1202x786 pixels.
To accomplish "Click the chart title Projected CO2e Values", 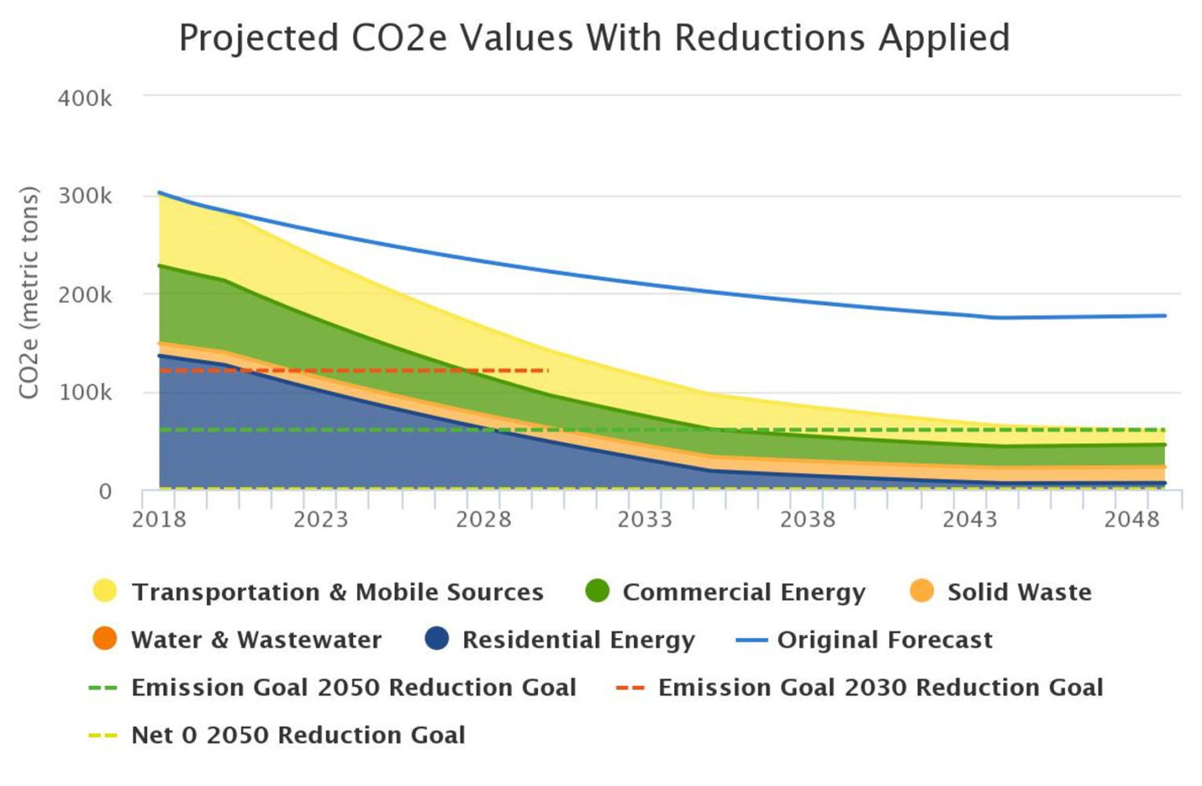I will pos(594,38).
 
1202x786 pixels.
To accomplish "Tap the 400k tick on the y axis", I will pos(84,98).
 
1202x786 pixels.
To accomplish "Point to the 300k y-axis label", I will pos(84,196).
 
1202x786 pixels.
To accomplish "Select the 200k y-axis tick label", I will pos(84,295).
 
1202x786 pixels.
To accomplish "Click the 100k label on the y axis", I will pos(84,392).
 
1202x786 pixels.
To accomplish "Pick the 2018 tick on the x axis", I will pos(159,519).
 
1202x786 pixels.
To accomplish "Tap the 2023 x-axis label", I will pos(320,519).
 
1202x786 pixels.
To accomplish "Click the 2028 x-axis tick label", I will pos(483,519).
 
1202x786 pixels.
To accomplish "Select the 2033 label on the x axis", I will pos(645,519).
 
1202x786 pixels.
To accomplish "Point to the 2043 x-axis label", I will pos(969,519).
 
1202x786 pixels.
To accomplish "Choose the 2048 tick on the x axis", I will pos(1131,519).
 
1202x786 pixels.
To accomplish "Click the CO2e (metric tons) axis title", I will pos(29,293).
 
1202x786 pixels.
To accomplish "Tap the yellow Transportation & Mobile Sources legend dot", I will pos(105,591).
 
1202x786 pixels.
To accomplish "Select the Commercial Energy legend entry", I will pos(743,592).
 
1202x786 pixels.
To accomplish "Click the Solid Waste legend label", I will pos(1019,592).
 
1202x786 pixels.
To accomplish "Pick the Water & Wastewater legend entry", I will pos(256,640).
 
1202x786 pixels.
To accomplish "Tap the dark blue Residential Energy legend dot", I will pos(437,639).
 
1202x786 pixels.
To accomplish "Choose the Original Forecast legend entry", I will pos(884,640).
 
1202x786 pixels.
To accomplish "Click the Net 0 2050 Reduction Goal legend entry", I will pos(297,735).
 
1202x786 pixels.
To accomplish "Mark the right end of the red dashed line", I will pos(547,370).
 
